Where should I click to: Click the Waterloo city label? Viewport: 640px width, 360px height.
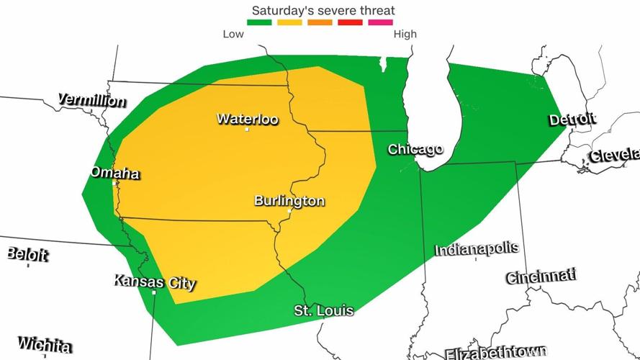pos(247,119)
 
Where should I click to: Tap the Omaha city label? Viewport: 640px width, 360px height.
pos(114,173)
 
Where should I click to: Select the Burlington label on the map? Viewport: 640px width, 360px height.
pos(289,201)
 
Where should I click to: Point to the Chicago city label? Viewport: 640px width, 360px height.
pos(415,149)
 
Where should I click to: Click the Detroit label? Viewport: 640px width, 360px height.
pos(572,120)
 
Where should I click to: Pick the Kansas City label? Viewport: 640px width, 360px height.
pos(154,282)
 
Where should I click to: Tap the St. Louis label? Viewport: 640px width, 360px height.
pos(324,310)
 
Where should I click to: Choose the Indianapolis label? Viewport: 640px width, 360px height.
pos(476,249)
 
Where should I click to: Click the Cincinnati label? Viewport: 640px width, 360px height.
pos(541,276)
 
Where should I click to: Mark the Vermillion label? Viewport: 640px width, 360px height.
pos(91,100)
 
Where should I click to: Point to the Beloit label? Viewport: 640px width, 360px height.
pos(27,254)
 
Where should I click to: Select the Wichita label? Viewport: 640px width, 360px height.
pos(45,344)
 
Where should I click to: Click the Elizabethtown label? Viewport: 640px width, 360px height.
pos(495,353)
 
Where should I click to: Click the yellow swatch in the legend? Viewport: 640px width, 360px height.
pos(289,22)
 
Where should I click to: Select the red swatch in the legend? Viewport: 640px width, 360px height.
pos(350,22)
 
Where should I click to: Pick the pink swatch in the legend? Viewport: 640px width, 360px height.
pos(380,22)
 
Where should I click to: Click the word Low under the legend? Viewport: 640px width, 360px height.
pos(233,34)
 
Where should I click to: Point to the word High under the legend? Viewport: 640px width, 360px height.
pos(404,34)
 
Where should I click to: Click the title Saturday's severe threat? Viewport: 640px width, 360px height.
pos(323,11)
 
